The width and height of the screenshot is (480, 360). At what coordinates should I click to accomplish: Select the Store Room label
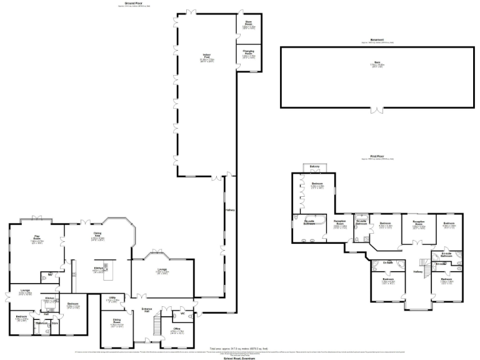pos(248,24)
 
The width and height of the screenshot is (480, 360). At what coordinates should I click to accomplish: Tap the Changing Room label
pos(248,54)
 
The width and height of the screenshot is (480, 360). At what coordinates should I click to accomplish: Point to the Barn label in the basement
pos(377,62)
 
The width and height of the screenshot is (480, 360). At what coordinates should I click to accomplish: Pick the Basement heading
pos(377,40)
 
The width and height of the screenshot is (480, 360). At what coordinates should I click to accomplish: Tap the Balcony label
pos(314,166)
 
